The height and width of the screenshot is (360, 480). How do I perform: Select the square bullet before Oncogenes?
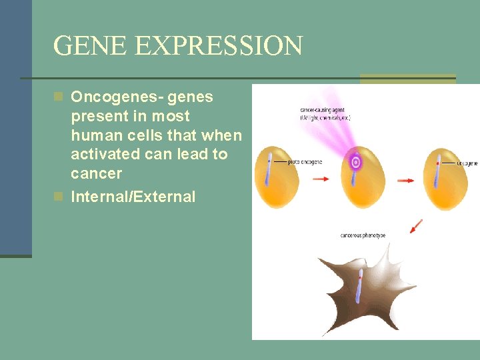click(x=59, y=97)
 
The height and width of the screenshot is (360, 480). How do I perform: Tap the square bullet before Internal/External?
click(x=59, y=197)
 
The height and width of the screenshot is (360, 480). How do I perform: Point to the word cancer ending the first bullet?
click(x=96, y=174)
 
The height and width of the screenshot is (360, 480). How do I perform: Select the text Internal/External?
click(x=133, y=197)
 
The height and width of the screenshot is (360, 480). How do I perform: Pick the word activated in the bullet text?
click(x=103, y=155)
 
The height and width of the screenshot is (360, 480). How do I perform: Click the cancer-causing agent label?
click(x=324, y=113)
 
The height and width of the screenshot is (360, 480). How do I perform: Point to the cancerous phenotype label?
click(x=363, y=235)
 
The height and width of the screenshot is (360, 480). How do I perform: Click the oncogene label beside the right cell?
click(x=467, y=163)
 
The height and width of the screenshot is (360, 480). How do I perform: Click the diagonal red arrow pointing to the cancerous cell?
click(x=417, y=227)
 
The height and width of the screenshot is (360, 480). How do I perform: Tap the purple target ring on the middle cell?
click(x=356, y=161)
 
